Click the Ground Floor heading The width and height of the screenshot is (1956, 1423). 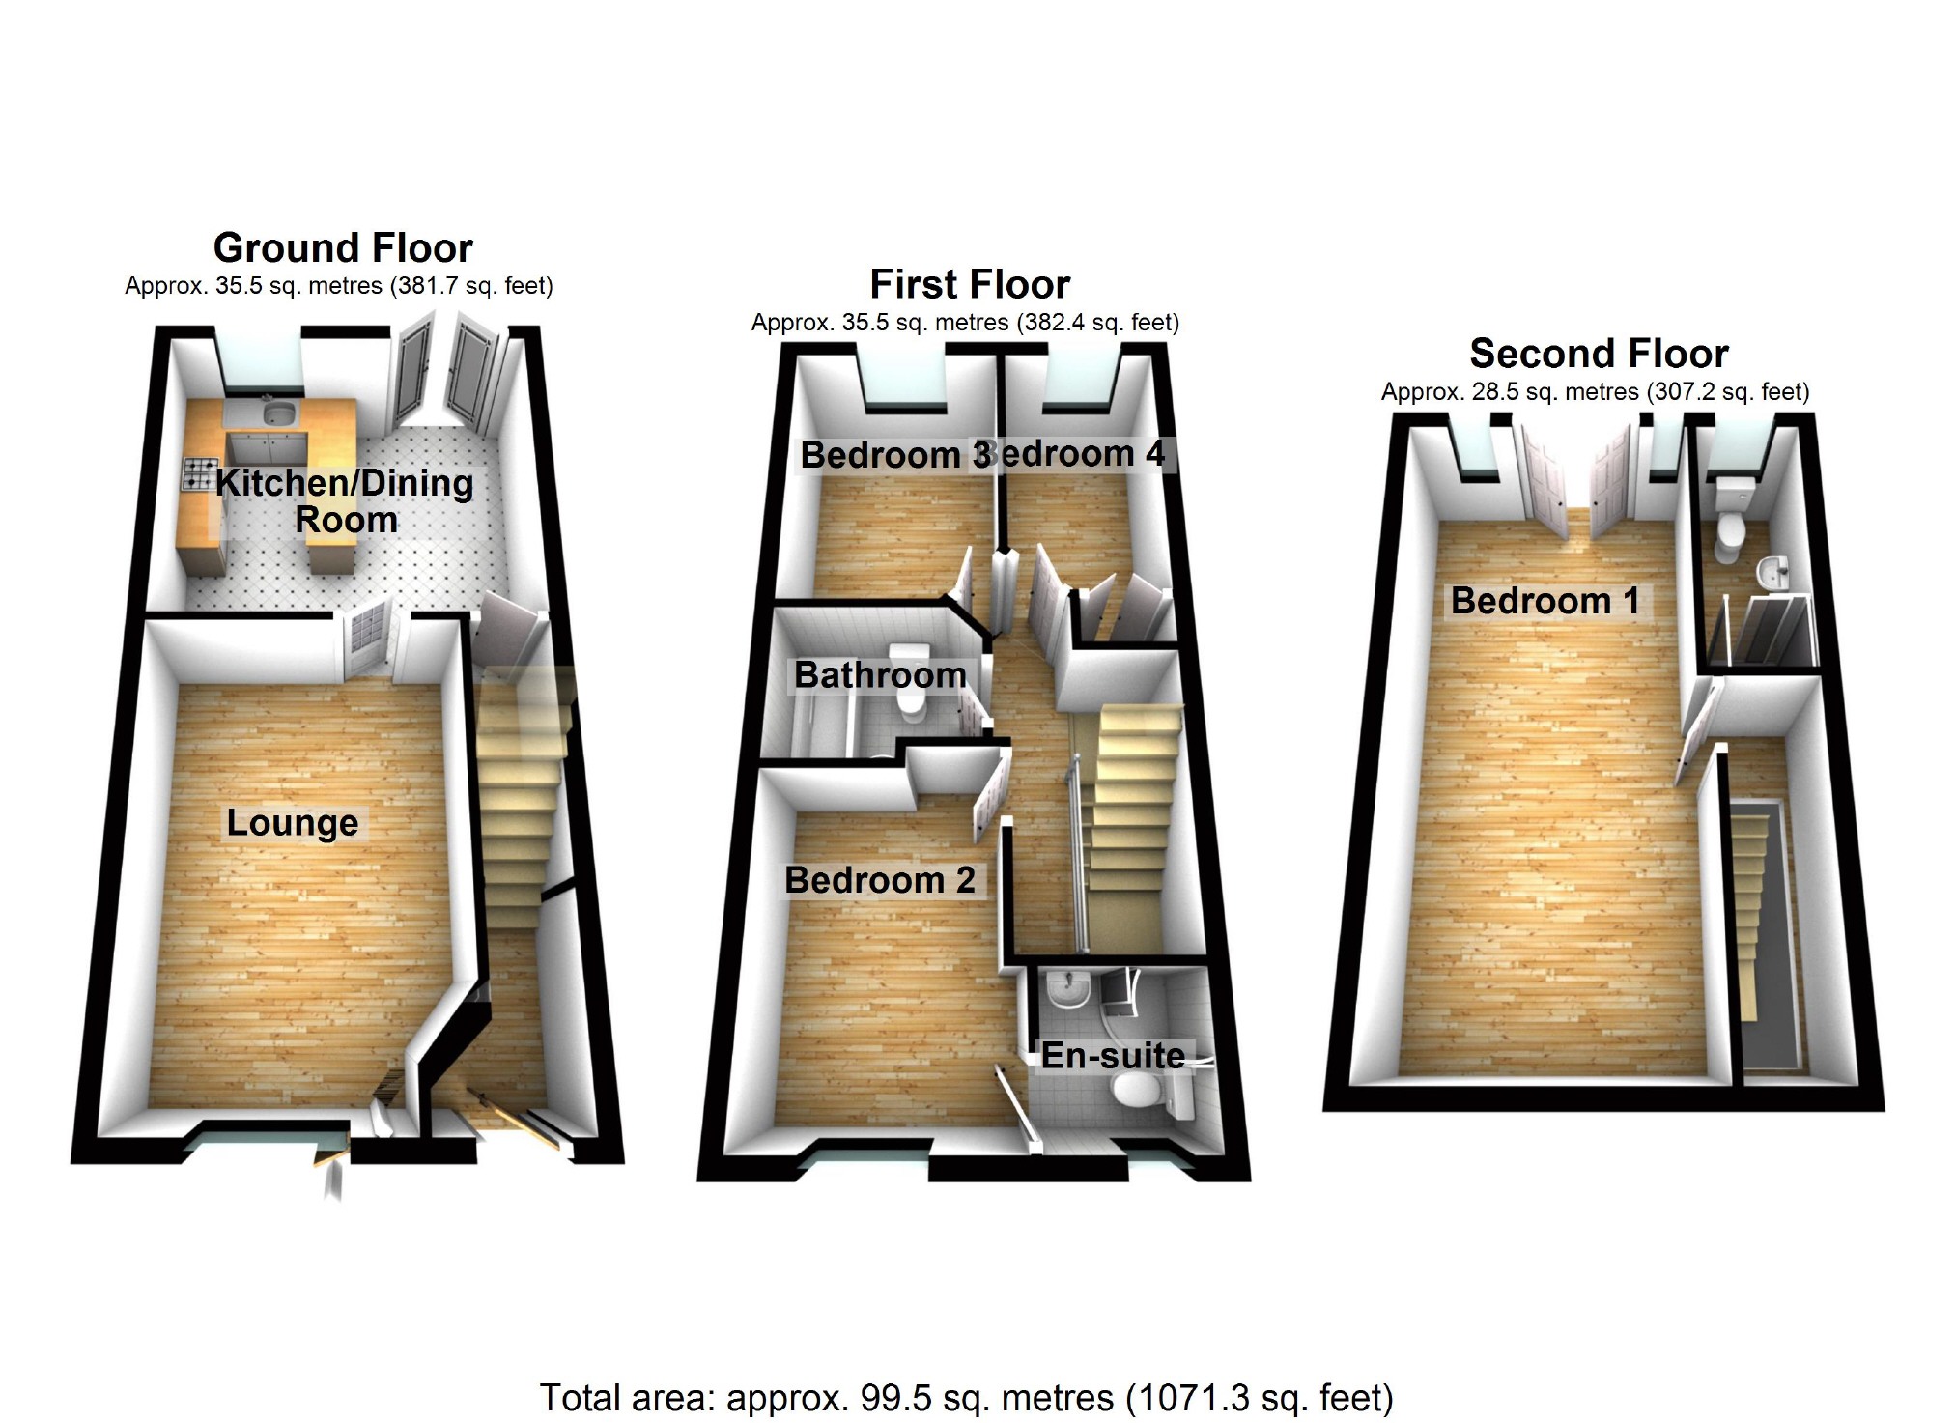pos(343,248)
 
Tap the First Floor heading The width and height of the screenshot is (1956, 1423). pos(970,285)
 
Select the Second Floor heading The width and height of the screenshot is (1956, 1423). pos(1599,354)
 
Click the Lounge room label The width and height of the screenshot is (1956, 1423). pos(293,823)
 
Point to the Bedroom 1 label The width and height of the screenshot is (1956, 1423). pos(1545,601)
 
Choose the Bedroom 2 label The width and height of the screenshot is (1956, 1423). pos(879,880)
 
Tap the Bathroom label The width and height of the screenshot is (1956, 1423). pos(880,674)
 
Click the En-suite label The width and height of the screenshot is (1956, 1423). pos(1113,1056)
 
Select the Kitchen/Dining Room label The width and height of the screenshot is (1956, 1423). pos(345,500)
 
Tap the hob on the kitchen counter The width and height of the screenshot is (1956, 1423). pos(199,473)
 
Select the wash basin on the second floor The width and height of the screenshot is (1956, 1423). pos(1772,573)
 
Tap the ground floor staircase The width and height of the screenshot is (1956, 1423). pos(522,792)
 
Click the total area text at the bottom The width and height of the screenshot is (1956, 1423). pos(966,1398)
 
